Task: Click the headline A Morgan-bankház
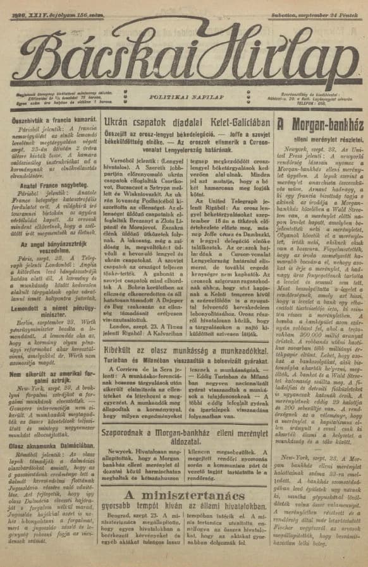[319, 124]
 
